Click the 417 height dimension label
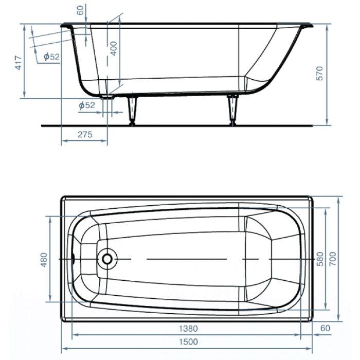19,63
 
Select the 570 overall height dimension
319,74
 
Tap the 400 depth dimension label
114,48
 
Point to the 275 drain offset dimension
85,134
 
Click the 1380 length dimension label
188,329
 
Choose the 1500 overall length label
188,342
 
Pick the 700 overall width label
333,259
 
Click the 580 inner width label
320,259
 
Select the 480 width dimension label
44,260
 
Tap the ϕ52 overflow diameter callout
51,57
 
